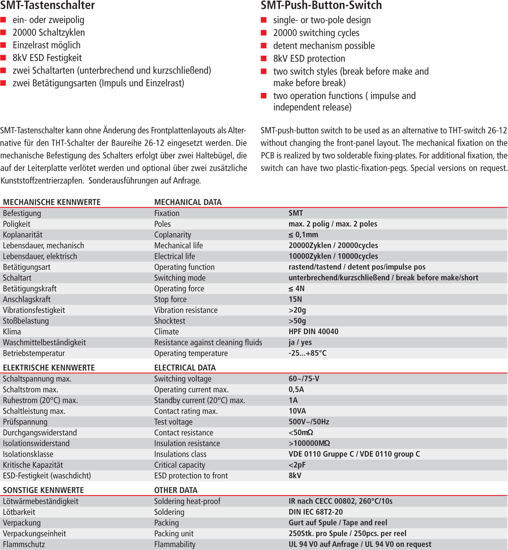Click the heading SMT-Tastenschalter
pos(47,5)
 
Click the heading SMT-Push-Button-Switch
pos(321,5)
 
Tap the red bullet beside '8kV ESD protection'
pos(264,58)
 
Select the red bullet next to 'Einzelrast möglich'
pos(4,45)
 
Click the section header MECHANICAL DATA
pos(188,202)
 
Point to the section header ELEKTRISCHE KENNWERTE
pos(49,368)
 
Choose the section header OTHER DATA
pos(176,490)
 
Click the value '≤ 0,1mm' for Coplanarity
pos(303,235)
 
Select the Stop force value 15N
pos(295,299)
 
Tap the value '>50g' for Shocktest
pos(297,321)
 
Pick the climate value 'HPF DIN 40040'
pos(313,332)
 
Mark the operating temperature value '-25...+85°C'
pos(307,353)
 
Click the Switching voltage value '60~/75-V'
pos(304,379)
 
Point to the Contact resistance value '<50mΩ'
pos(301,432)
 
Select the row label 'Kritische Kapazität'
pos(33,465)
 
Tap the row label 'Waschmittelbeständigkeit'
pos(44,342)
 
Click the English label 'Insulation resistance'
pos(187,443)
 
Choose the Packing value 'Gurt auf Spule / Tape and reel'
pos(338,523)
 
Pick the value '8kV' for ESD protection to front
pos(295,476)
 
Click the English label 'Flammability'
pos(175,544)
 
